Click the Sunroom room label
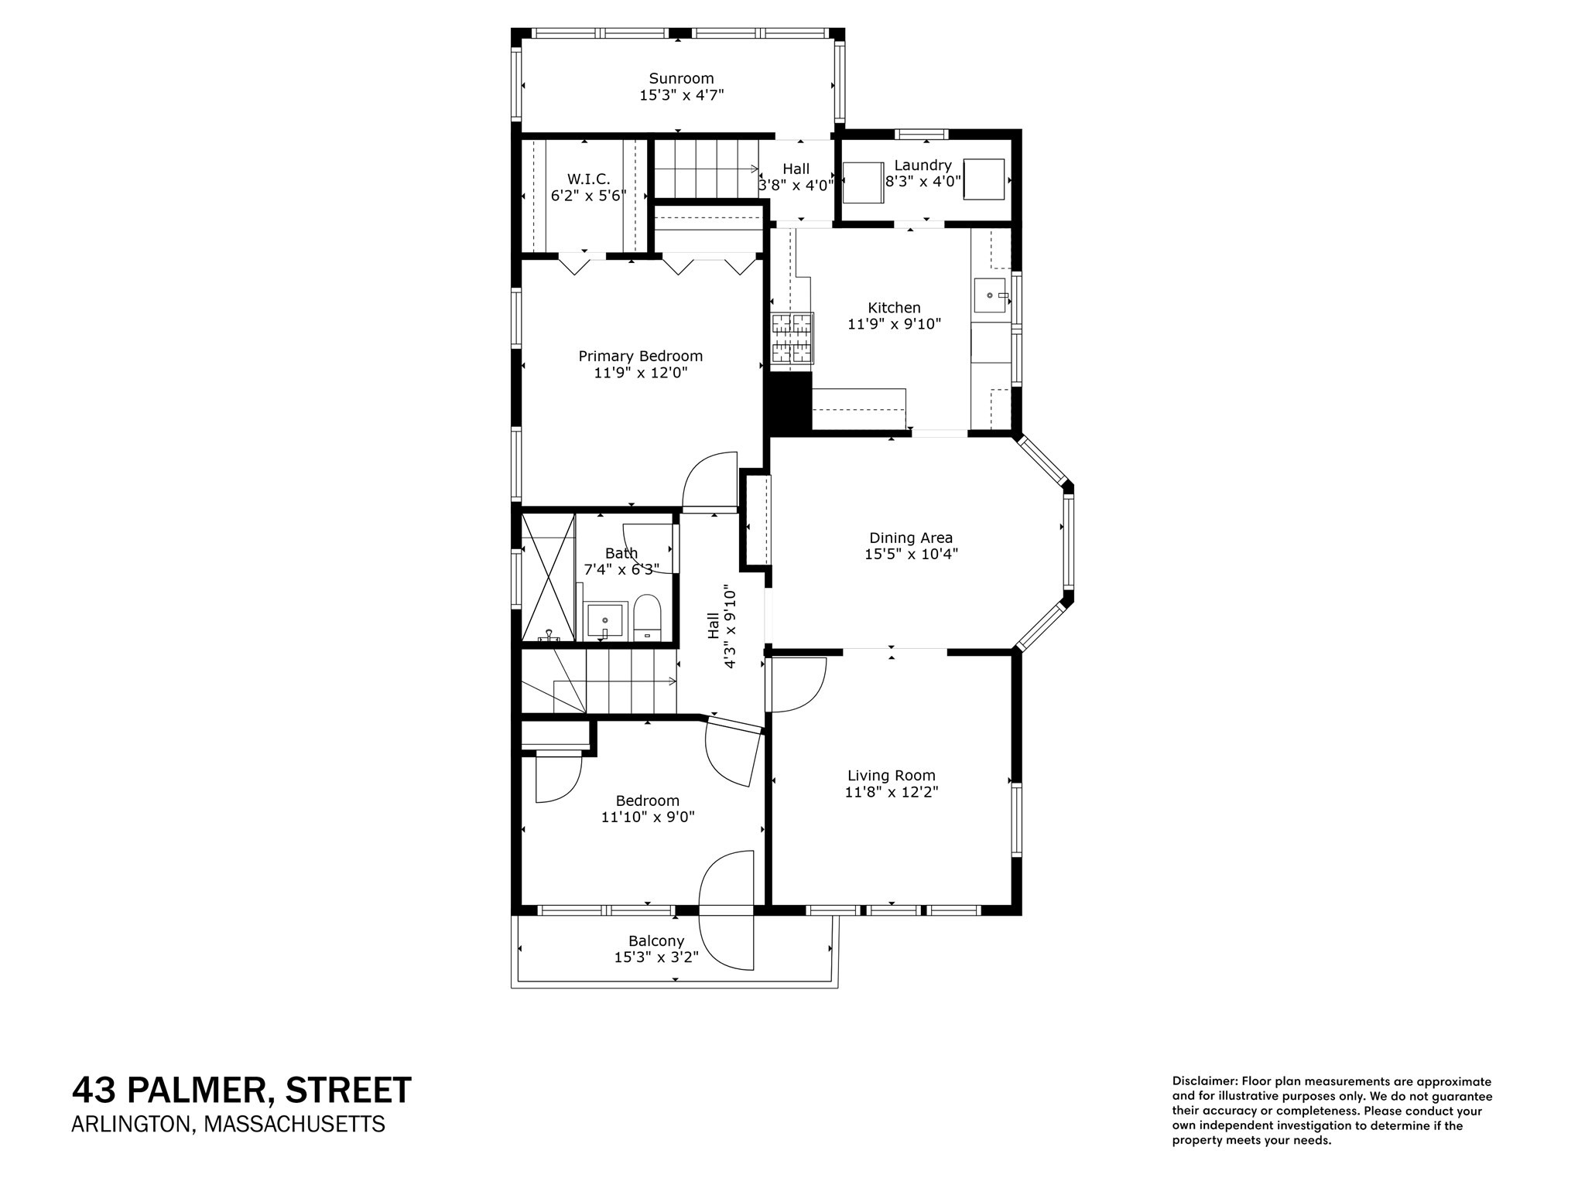(681, 78)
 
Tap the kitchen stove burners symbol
(792, 338)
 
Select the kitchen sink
(989, 295)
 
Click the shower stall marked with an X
(548, 577)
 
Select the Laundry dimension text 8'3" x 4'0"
(923, 182)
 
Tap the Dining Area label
(911, 538)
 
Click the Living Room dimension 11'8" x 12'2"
(892, 792)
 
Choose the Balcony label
(656, 940)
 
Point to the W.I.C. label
(588, 179)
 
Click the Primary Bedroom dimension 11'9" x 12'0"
(640, 373)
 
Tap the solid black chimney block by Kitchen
(788, 401)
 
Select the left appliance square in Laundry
(862, 183)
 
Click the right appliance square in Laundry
(984, 179)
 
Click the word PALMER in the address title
(197, 1091)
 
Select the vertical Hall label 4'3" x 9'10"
(721, 628)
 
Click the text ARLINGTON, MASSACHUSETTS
(228, 1124)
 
